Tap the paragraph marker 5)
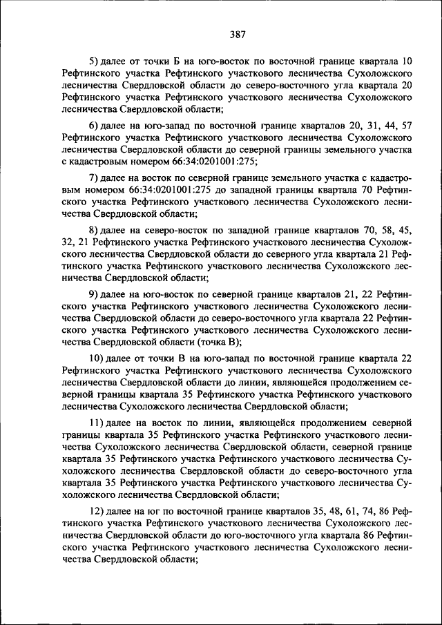95,60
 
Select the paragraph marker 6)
95,126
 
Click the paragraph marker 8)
95,229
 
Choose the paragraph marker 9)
95,296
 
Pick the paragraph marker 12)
97,511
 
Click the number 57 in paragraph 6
406,126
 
